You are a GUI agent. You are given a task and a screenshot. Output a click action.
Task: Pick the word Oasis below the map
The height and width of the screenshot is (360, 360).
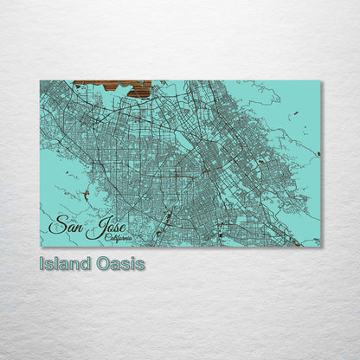[x=121, y=264]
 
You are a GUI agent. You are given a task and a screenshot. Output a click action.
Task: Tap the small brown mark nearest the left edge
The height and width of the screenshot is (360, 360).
[x=85, y=194]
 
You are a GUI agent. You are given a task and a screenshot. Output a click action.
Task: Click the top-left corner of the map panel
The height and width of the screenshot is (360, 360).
[x=40, y=80]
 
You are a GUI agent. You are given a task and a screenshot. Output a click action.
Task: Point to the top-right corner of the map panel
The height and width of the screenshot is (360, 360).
[x=320, y=81]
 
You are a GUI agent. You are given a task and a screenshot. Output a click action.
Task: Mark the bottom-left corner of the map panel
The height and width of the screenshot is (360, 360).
[x=40, y=247]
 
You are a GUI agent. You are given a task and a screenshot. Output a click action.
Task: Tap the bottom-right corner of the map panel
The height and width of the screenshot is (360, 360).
[x=320, y=247]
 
